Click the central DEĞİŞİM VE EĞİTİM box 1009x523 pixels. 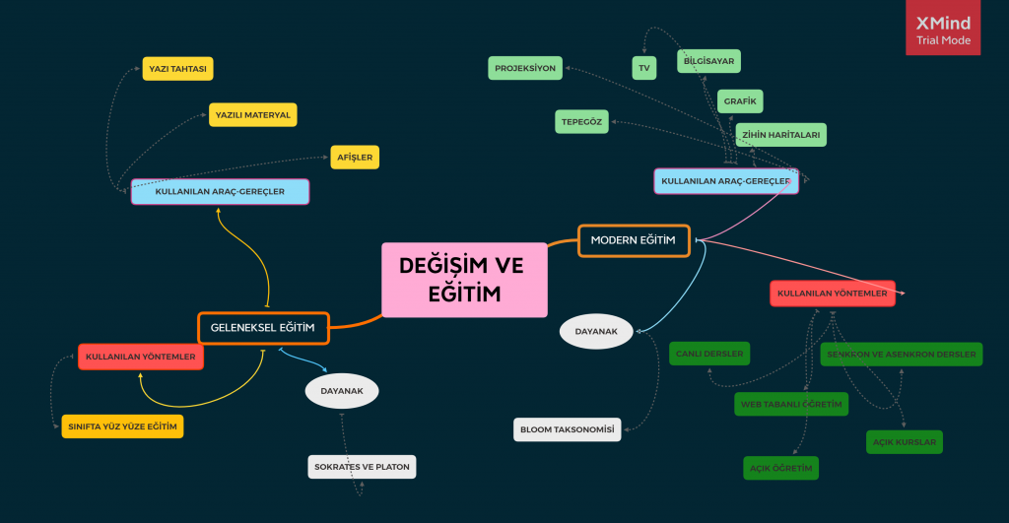(x=463, y=280)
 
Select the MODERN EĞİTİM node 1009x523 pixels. (x=634, y=240)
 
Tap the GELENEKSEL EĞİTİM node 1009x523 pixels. (x=263, y=328)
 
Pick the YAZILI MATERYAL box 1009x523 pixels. (x=253, y=114)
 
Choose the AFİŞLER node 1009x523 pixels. (x=354, y=157)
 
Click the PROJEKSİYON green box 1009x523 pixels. (x=525, y=68)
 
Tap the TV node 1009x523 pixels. (x=644, y=67)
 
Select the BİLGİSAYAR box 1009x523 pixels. (x=709, y=61)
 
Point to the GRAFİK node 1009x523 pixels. (x=739, y=101)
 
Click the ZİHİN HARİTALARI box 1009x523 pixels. (x=780, y=135)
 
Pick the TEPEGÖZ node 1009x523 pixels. (x=581, y=121)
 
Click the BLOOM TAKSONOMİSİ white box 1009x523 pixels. (x=569, y=429)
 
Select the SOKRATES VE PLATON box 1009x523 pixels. (x=362, y=466)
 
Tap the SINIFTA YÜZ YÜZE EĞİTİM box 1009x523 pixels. (x=122, y=426)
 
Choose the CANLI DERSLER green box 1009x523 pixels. (x=708, y=354)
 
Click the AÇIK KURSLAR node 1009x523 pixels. (x=905, y=442)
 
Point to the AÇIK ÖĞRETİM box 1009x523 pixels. (x=781, y=468)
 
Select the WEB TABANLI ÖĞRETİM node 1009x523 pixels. (x=791, y=404)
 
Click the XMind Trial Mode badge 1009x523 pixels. (x=943, y=28)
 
